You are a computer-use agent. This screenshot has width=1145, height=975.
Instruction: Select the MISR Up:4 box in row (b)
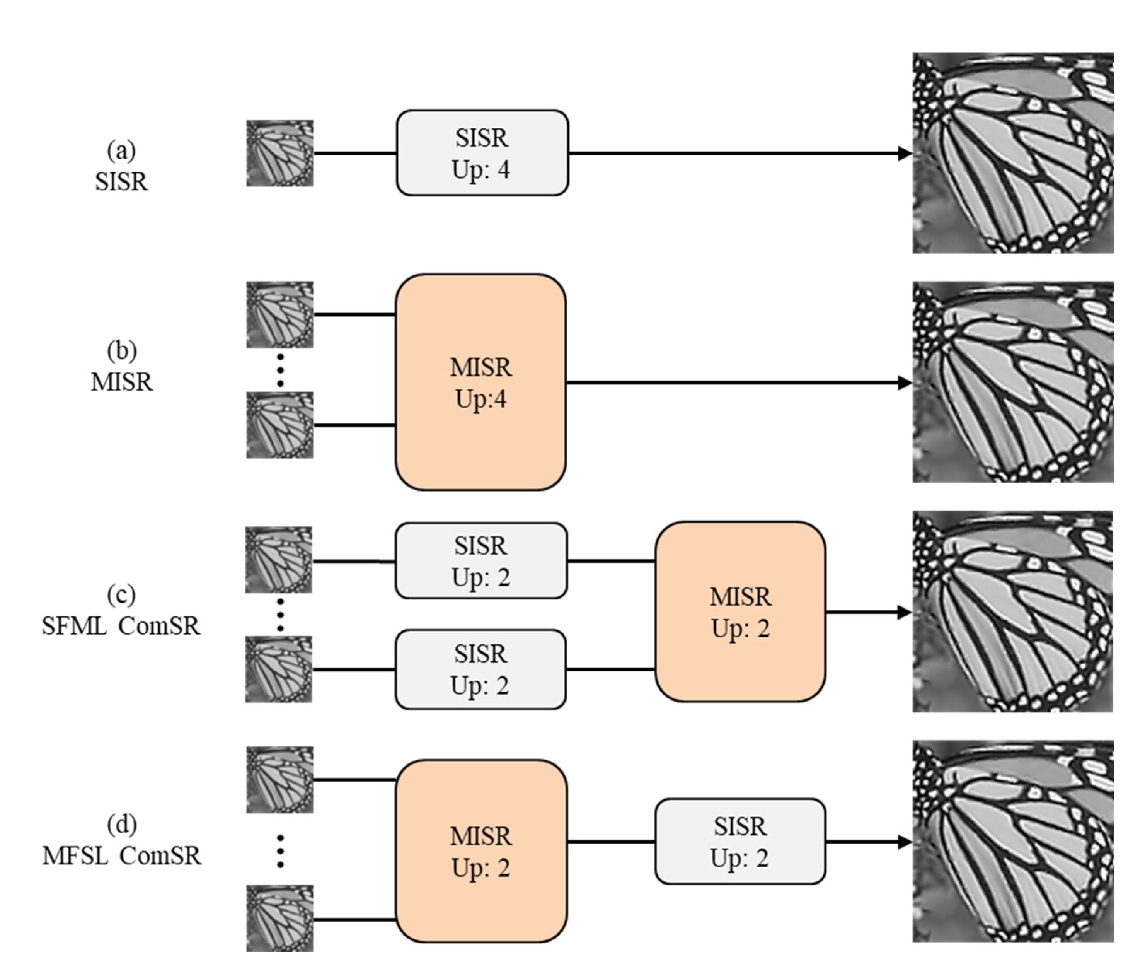coord(480,382)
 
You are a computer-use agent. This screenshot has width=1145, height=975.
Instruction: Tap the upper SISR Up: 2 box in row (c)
coord(480,560)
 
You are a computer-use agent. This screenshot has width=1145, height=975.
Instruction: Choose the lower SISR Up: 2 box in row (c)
coord(480,669)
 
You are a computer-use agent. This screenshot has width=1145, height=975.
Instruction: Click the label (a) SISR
coord(121,166)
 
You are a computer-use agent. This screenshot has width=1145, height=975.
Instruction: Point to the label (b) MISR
coord(121,366)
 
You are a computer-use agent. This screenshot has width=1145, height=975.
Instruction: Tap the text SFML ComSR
coord(121,626)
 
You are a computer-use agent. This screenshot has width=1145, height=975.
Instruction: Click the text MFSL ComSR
coord(121,855)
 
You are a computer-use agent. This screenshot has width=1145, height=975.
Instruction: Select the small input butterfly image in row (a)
coord(279,153)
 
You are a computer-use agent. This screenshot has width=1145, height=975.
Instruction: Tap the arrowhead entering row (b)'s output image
coord(905,382)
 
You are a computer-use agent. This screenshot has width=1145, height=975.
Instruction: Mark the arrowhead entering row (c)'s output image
coord(905,612)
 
